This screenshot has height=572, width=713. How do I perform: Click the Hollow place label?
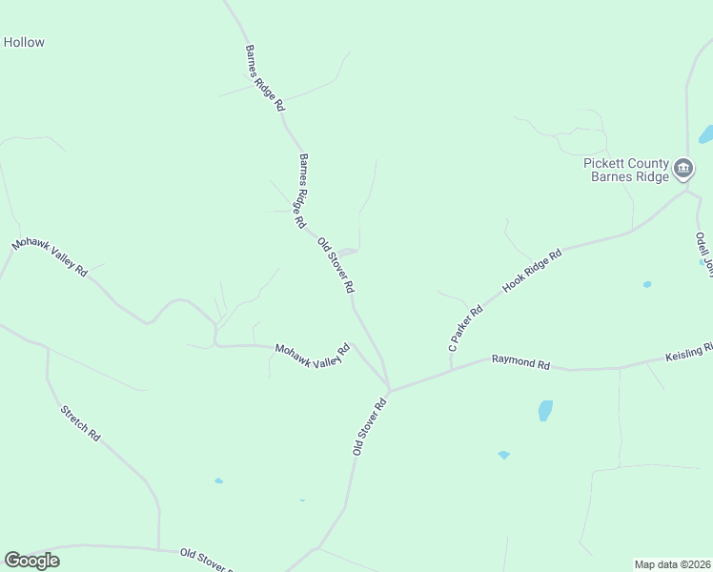pos(24,43)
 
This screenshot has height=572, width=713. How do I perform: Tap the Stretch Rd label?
pos(80,422)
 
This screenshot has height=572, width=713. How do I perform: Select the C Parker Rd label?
pos(466,327)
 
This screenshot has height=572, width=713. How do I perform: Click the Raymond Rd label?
pos(521,363)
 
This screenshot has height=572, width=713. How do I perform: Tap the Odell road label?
pos(703,253)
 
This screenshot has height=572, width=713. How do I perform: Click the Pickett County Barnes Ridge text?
pos(626,170)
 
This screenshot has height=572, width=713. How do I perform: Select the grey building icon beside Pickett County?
pos(683,170)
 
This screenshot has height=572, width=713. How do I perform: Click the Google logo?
pos(32,561)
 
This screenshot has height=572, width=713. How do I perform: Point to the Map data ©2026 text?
pos(672,564)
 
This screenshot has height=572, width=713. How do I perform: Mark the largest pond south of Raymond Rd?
pos(545,410)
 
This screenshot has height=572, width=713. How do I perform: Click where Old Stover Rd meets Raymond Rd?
pos(389,391)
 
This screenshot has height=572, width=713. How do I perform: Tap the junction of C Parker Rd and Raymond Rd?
pos(452,370)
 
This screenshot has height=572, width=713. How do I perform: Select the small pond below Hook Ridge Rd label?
pos(647,284)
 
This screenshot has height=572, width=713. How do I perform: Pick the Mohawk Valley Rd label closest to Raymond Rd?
pos(313,360)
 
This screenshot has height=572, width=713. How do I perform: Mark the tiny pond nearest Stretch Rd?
pos(218,480)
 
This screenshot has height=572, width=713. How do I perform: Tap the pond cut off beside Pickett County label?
pos(706,134)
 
